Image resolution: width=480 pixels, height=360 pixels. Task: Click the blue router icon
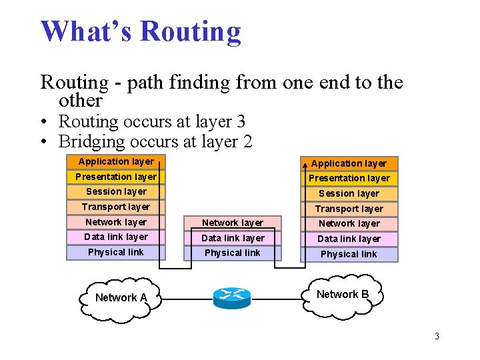[232, 297]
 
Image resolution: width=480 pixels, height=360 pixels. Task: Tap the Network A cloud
[121, 297]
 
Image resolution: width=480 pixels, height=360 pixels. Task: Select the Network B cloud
[343, 295]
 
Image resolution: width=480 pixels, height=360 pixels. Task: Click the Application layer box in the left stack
[115, 161]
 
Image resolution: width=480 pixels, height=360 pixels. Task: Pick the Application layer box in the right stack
[349, 163]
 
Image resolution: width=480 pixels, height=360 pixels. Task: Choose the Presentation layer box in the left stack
[115, 177]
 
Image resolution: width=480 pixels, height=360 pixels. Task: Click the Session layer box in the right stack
[349, 193]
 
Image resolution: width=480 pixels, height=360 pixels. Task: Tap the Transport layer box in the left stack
[115, 207]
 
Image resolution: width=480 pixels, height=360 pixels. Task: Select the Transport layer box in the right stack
[349, 209]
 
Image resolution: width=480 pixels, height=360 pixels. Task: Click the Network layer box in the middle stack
[233, 223]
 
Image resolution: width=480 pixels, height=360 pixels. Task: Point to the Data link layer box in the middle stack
[233, 238]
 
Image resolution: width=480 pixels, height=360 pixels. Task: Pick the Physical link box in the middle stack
[233, 253]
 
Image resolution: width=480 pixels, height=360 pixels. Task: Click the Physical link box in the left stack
[115, 252]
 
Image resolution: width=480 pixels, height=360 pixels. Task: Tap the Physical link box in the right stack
[349, 254]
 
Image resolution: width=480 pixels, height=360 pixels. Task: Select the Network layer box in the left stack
[115, 222]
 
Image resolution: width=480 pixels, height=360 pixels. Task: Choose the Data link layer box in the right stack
[349, 239]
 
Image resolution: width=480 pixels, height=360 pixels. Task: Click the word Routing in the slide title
[191, 31]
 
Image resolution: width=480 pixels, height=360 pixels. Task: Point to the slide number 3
[437, 336]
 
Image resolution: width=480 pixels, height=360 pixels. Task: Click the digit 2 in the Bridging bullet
[247, 141]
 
